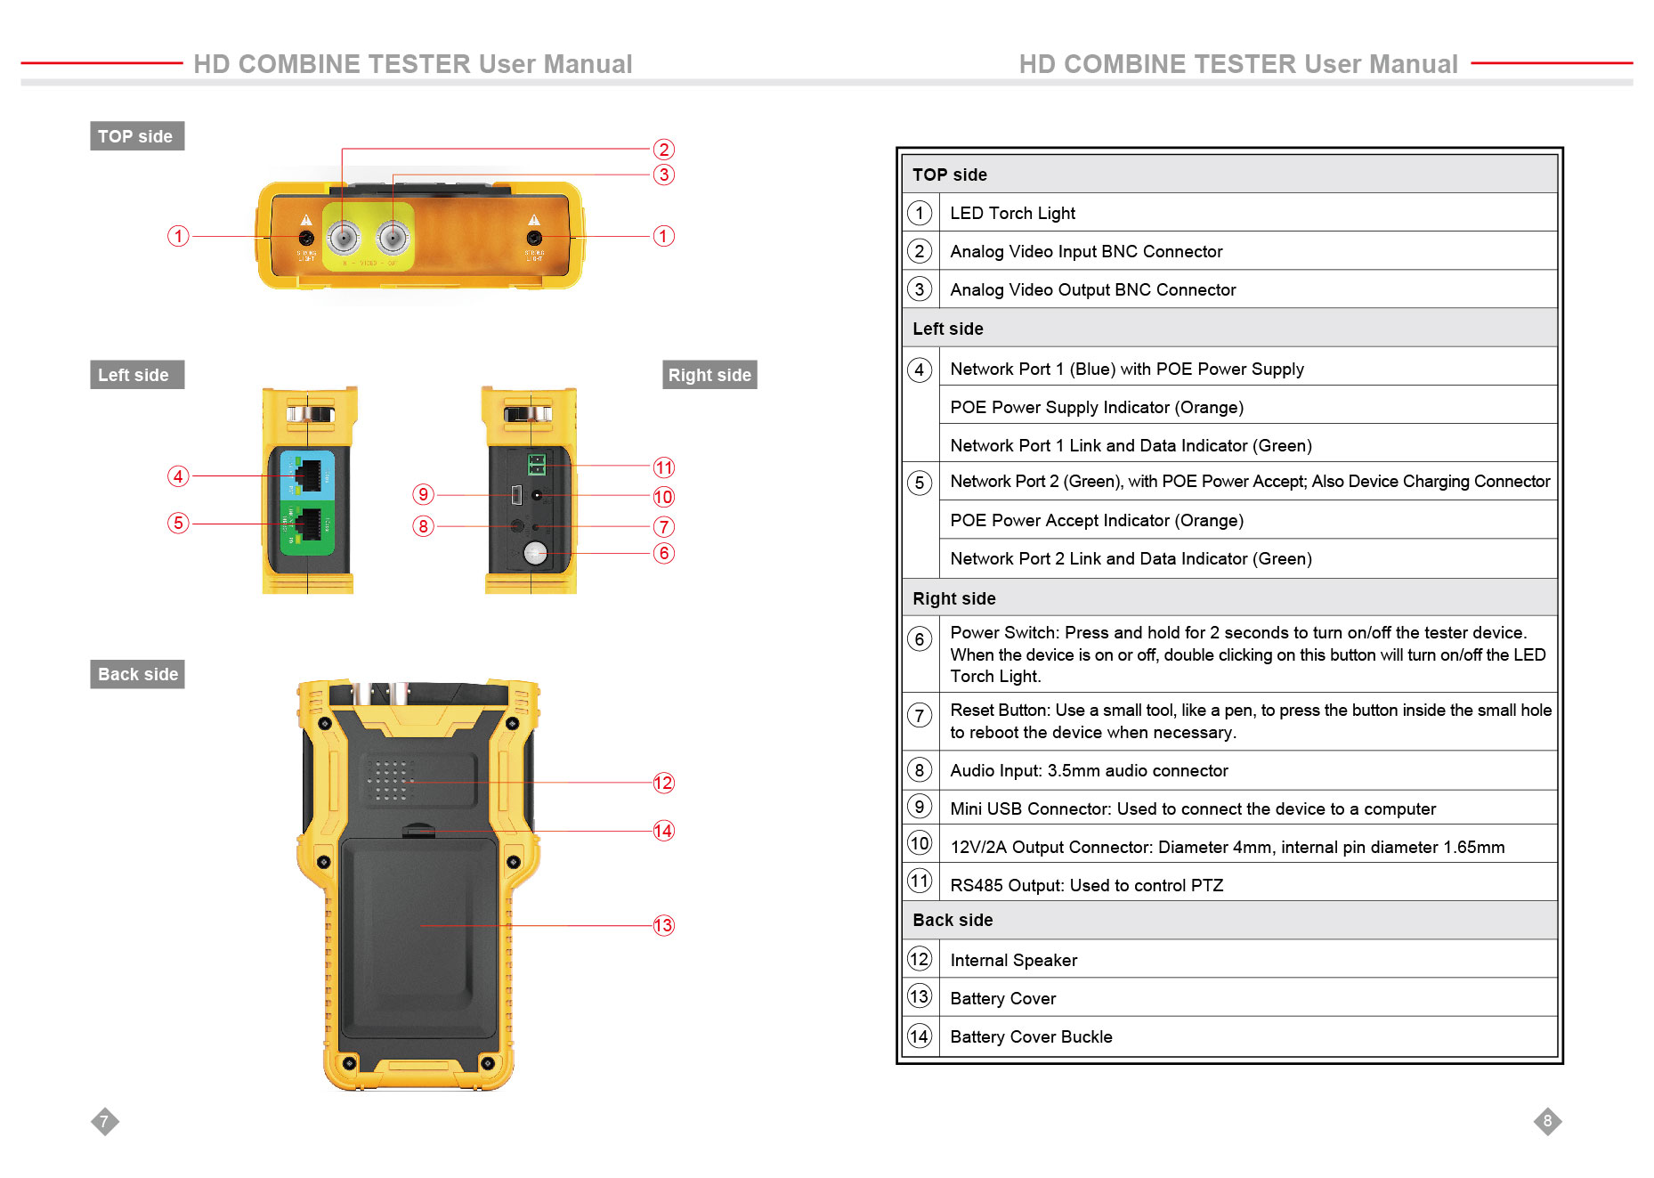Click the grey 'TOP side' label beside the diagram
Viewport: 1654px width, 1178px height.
136,136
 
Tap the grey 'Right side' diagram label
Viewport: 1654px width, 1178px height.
709,375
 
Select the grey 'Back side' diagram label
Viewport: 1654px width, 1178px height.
137,674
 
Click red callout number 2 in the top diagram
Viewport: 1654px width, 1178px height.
663,150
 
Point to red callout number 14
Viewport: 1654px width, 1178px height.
663,831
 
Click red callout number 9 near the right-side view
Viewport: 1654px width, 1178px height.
423,494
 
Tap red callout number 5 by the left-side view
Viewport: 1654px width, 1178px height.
178,523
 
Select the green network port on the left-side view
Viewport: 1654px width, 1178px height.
308,525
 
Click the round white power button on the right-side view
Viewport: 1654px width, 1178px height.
535,553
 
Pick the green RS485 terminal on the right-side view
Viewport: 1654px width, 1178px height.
536,464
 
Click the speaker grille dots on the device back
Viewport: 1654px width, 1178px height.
390,780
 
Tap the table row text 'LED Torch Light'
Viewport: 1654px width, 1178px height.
1012,213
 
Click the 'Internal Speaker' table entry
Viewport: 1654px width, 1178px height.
1013,960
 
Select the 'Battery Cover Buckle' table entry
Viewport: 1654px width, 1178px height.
1031,1036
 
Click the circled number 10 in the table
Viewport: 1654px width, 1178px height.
920,843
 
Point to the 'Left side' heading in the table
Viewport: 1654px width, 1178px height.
947,329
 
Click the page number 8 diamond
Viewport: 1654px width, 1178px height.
1547,1121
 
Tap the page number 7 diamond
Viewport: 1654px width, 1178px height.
104,1121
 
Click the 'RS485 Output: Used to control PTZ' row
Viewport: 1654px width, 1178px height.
1086,885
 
